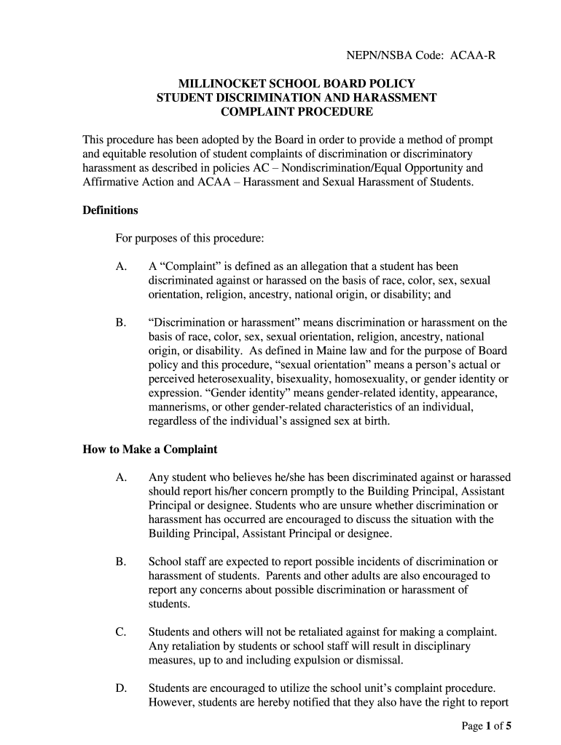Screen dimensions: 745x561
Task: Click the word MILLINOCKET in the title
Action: point(219,84)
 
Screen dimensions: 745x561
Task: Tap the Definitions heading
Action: point(110,210)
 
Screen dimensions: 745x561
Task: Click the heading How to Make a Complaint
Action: point(150,449)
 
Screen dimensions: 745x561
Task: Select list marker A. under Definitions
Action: point(122,267)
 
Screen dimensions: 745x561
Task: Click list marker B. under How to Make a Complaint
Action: point(122,562)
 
